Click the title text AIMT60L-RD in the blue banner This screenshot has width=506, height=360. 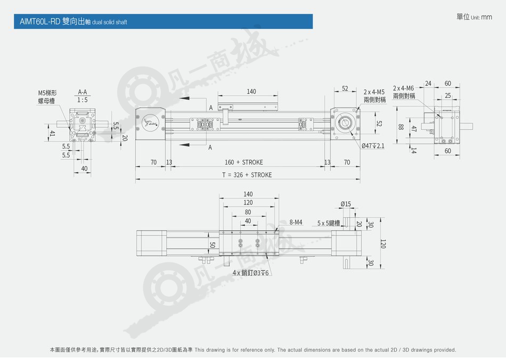coord(40,22)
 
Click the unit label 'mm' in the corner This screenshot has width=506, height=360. coord(487,17)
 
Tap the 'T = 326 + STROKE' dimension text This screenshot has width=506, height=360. coord(247,175)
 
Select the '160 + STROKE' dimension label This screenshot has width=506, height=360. coord(243,162)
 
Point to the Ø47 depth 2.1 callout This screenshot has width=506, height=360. coord(373,146)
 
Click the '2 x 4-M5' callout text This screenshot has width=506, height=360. coord(374,92)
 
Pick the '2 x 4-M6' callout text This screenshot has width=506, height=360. coord(403,88)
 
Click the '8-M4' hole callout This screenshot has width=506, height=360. coord(296,222)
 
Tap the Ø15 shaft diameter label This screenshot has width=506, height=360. coord(346,204)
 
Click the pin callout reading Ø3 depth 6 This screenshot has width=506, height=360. coord(251,273)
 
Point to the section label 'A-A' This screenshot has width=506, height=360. coord(83,92)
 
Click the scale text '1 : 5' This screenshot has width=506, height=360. coord(82,100)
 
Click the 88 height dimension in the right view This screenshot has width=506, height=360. coord(401,127)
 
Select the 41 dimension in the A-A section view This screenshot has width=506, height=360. coord(52,133)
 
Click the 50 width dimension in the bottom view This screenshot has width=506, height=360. coord(213,245)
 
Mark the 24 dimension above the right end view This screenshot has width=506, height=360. coord(428,84)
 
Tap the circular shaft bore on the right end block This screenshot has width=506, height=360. coord(345,123)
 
